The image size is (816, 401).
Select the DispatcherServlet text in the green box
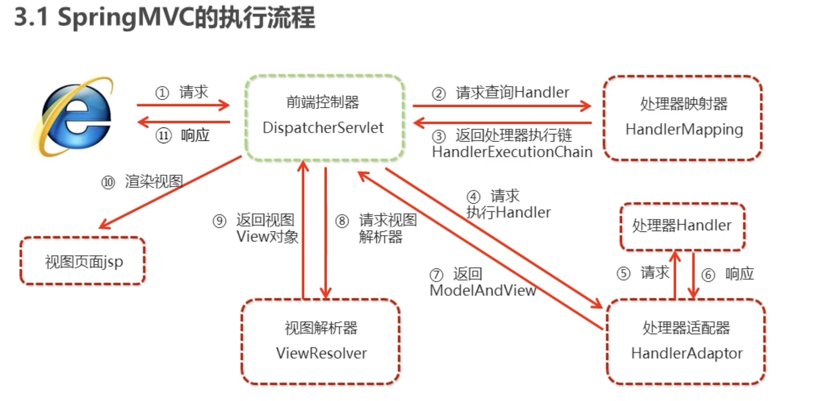pos(323,128)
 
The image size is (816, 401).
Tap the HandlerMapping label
pos(684,129)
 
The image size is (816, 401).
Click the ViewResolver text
pos(321,353)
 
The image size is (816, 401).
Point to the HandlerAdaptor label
pos(686,353)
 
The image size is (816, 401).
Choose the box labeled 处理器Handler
pos(682,225)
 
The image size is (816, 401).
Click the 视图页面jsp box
pos(83,262)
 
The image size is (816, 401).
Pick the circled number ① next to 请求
pos(162,93)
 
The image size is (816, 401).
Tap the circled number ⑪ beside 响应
pos(164,136)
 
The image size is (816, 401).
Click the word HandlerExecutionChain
pos(512,152)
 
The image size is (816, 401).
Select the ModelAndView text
pos(482,291)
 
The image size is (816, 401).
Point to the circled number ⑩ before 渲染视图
pos(108,182)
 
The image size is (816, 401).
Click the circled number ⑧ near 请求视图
pos(342,221)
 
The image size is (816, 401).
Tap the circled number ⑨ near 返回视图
pos(219,221)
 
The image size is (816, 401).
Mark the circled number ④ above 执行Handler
pos(473,197)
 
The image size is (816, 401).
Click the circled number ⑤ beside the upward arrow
pos(623,273)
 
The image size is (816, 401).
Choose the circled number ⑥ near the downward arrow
pos(708,275)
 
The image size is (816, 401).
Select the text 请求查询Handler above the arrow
pos(512,92)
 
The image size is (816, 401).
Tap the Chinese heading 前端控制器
pos(323,102)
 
